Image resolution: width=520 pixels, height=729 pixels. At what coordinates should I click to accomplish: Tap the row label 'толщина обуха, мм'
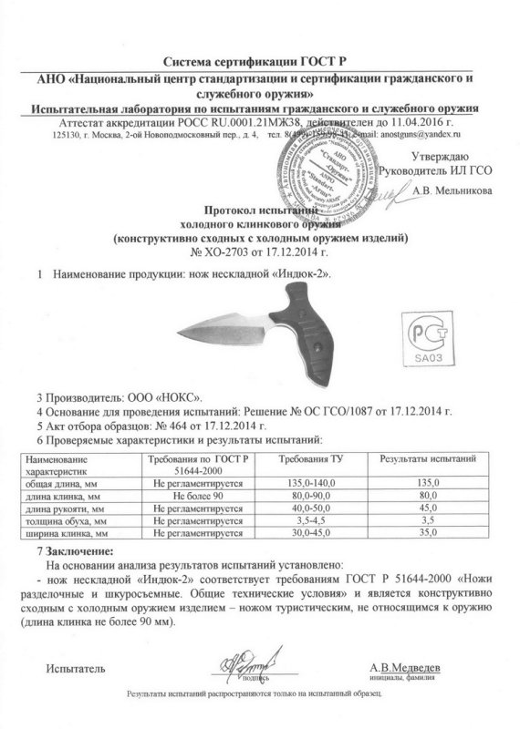pyautogui.click(x=70, y=519)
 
